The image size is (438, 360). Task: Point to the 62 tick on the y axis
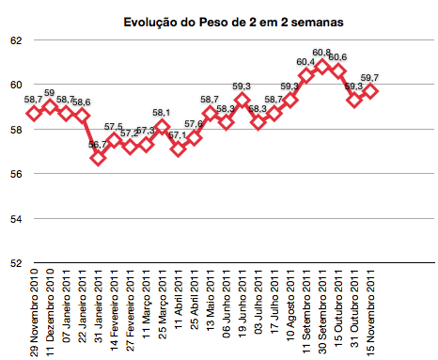17,40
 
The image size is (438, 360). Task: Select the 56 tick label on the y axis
17,174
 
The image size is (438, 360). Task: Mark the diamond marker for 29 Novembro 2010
34,113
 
